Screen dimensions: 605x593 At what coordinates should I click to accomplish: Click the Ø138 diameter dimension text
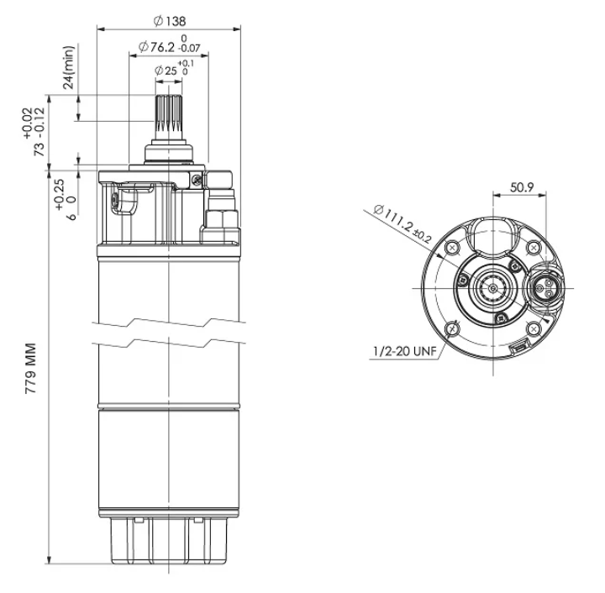click(170, 21)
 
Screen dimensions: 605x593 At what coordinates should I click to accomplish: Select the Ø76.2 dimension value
click(156, 47)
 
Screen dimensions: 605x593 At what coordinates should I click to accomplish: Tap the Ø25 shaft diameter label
click(166, 71)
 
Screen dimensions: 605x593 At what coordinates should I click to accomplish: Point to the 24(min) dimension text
click(69, 67)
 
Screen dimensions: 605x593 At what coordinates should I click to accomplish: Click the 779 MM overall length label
click(30, 368)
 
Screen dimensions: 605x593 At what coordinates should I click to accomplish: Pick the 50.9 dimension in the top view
click(522, 187)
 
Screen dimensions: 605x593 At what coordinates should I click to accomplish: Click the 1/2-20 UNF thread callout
click(404, 351)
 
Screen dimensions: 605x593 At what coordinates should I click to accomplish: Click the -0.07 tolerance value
click(189, 48)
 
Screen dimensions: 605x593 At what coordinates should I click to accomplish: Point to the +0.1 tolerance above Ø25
click(186, 63)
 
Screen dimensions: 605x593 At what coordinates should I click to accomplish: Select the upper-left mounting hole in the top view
click(452, 248)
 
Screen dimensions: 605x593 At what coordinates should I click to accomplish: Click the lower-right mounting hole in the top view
click(534, 329)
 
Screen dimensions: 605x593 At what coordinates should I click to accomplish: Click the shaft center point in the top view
click(493, 288)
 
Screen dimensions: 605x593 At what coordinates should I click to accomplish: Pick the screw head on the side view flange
click(197, 179)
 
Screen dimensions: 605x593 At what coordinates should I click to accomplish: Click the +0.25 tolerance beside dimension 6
click(60, 195)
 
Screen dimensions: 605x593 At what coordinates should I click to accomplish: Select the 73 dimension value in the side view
click(39, 149)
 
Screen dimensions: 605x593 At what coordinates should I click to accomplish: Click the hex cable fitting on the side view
click(222, 219)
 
